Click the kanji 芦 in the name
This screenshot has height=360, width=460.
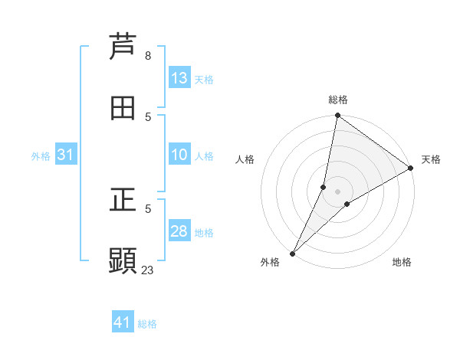pyautogui.click(x=123, y=47)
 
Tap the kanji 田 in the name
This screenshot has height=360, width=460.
pyautogui.click(x=123, y=108)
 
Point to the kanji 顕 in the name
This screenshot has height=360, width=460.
pyautogui.click(x=123, y=260)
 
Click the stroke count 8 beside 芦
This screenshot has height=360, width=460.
pyautogui.click(x=148, y=56)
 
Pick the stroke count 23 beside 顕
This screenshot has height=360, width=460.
pyautogui.click(x=148, y=270)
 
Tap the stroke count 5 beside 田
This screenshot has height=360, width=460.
pyautogui.click(x=148, y=116)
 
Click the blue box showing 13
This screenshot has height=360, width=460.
pyautogui.click(x=179, y=78)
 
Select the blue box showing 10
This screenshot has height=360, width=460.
pyautogui.click(x=179, y=155)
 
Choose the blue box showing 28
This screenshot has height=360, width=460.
pyautogui.click(x=179, y=231)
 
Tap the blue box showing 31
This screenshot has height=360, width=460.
pyautogui.click(x=66, y=155)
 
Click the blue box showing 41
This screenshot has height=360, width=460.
pyautogui.click(x=123, y=322)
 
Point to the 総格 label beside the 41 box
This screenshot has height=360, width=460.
pyautogui.click(x=147, y=324)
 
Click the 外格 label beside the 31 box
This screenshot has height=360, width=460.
pyautogui.click(x=41, y=156)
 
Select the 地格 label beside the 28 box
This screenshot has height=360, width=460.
pyautogui.click(x=204, y=233)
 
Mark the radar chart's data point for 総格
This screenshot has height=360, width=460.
pyautogui.click(x=337, y=116)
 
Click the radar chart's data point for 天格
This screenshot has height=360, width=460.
pyautogui.click(x=411, y=169)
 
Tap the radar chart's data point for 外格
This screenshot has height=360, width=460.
pyautogui.click(x=292, y=253)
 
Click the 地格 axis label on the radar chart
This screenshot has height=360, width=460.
pyautogui.click(x=402, y=263)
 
